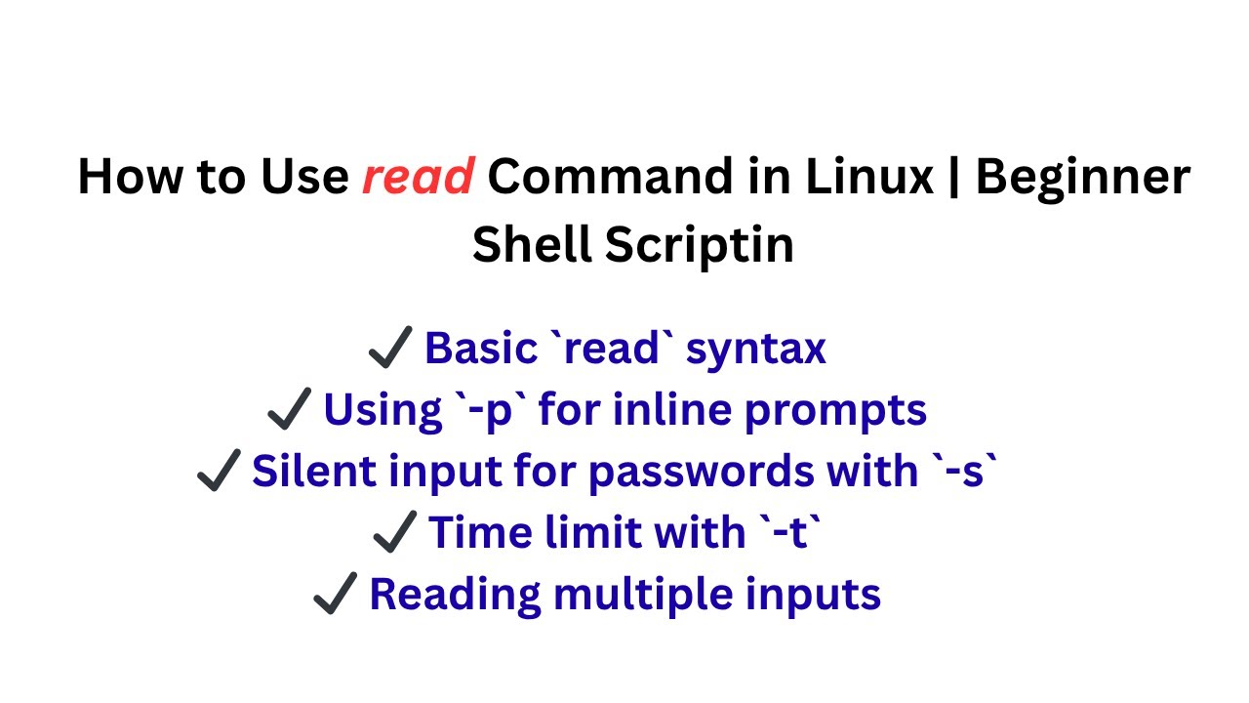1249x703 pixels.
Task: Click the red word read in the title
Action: coord(418,178)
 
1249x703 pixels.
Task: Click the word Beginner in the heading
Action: coord(1082,178)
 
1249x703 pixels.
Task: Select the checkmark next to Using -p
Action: coord(290,410)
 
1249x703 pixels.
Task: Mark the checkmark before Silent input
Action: coord(220,473)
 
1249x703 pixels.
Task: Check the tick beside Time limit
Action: coord(396,533)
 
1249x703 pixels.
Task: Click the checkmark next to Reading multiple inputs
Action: coord(337,595)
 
